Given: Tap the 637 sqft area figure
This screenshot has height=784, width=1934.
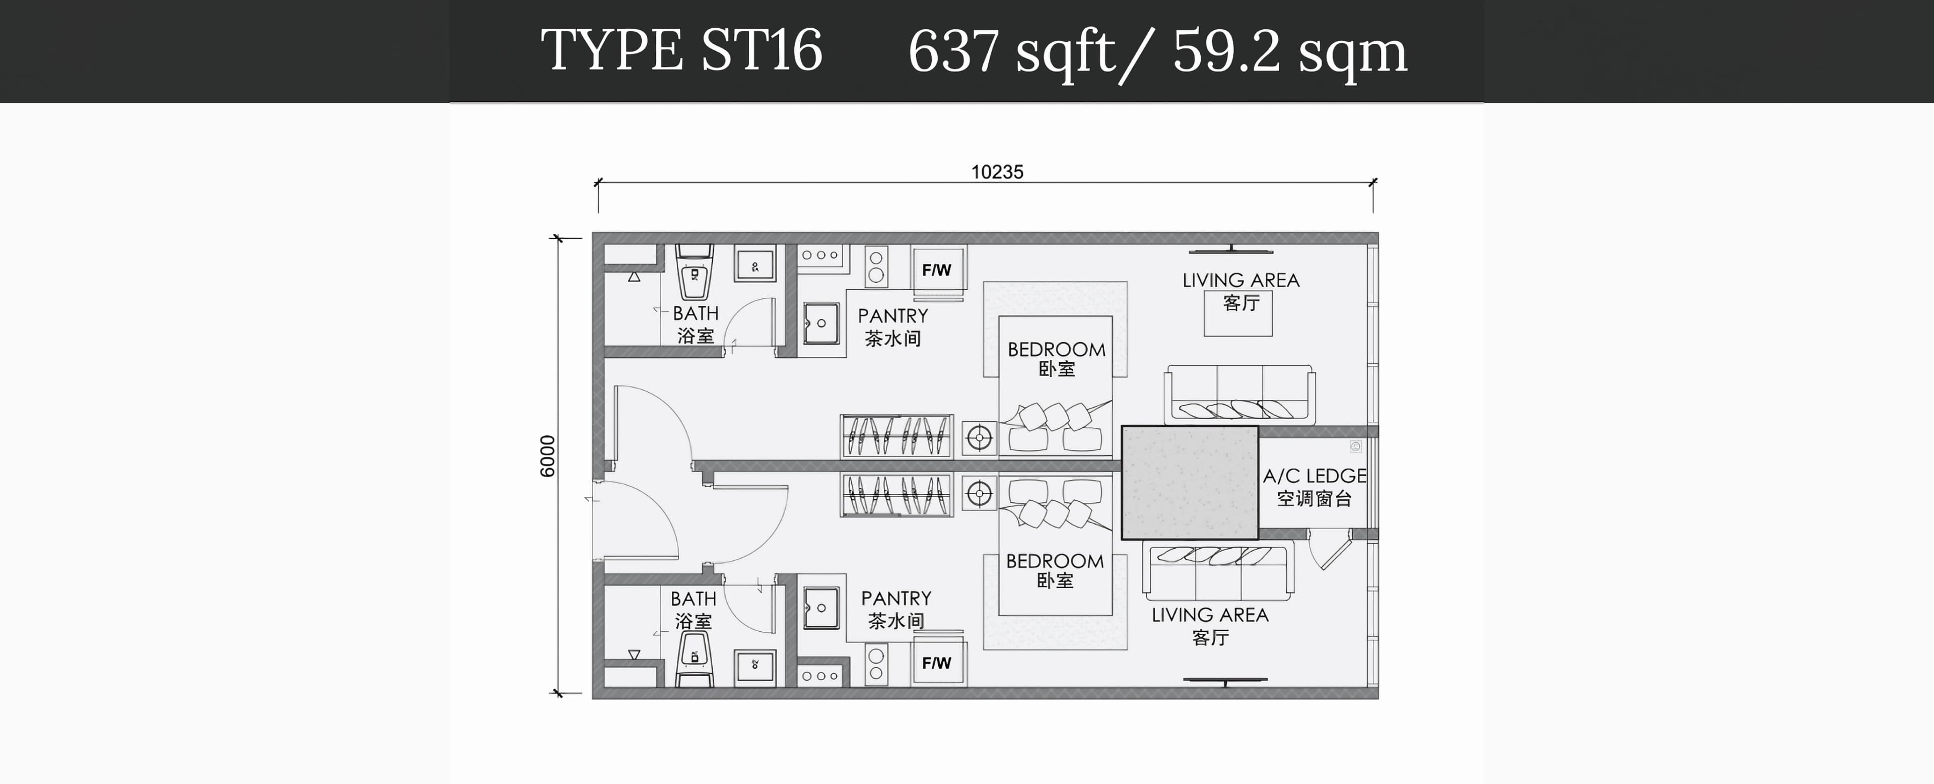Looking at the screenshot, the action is point(1012,52).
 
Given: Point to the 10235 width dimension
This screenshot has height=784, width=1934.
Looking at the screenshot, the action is point(997,172).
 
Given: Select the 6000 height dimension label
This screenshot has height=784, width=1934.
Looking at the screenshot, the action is point(547,456).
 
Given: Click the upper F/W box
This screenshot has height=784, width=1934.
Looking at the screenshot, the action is point(937,270).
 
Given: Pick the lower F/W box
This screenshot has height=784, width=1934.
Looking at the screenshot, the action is point(937,663).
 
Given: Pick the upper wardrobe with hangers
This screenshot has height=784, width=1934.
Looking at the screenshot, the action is point(896,435).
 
